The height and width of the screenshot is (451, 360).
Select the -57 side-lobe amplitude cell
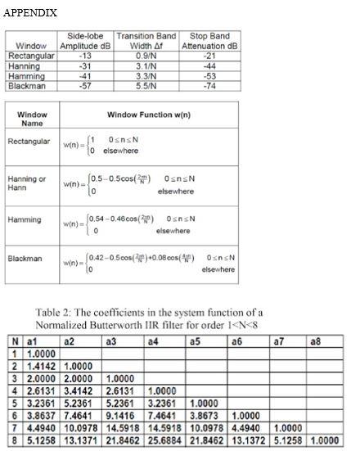pos(84,85)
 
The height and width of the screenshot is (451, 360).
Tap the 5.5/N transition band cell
pos(146,85)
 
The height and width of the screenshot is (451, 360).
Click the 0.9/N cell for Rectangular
pos(146,56)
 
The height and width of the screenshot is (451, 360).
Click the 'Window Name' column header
pos(34,120)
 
